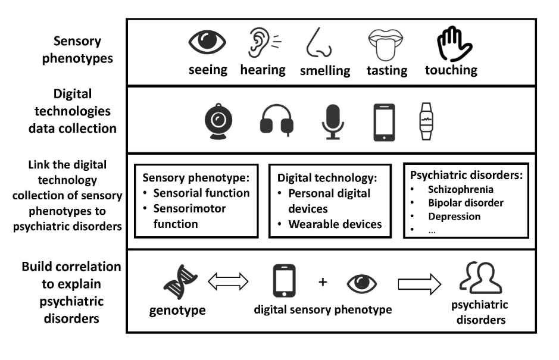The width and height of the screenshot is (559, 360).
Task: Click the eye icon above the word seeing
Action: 208,43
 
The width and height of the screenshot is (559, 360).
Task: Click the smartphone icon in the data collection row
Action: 384,122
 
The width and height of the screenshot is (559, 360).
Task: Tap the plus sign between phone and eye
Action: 323,281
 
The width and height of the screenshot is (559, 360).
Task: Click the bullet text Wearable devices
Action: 335,224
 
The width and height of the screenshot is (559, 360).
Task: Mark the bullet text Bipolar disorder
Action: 466,203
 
